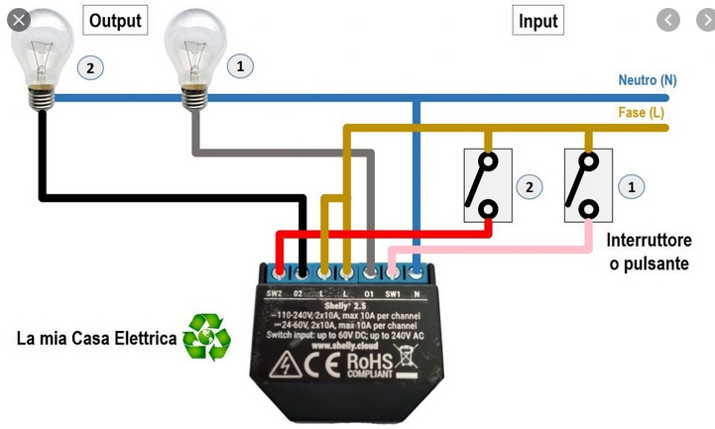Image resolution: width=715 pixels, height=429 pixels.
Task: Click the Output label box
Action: pos(115,19)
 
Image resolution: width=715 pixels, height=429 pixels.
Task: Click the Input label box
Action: pos(538,20)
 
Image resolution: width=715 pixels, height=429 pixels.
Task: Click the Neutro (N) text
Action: pos(648,80)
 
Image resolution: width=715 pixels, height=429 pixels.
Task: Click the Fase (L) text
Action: pos(642,112)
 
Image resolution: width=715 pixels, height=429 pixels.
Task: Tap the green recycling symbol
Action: pos(206,337)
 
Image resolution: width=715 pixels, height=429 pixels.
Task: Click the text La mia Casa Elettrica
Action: pos(96,339)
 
